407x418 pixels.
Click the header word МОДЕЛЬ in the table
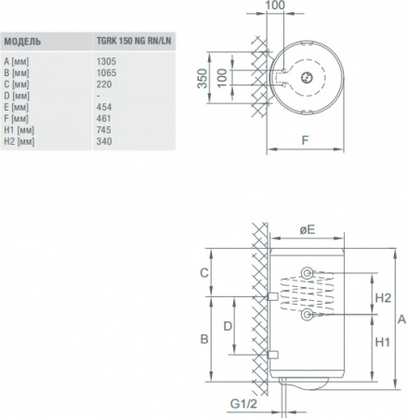[22, 42]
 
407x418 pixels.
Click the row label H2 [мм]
[19, 143]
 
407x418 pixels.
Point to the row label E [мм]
[17, 107]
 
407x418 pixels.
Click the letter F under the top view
[306, 142]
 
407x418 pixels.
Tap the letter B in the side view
[204, 340]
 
